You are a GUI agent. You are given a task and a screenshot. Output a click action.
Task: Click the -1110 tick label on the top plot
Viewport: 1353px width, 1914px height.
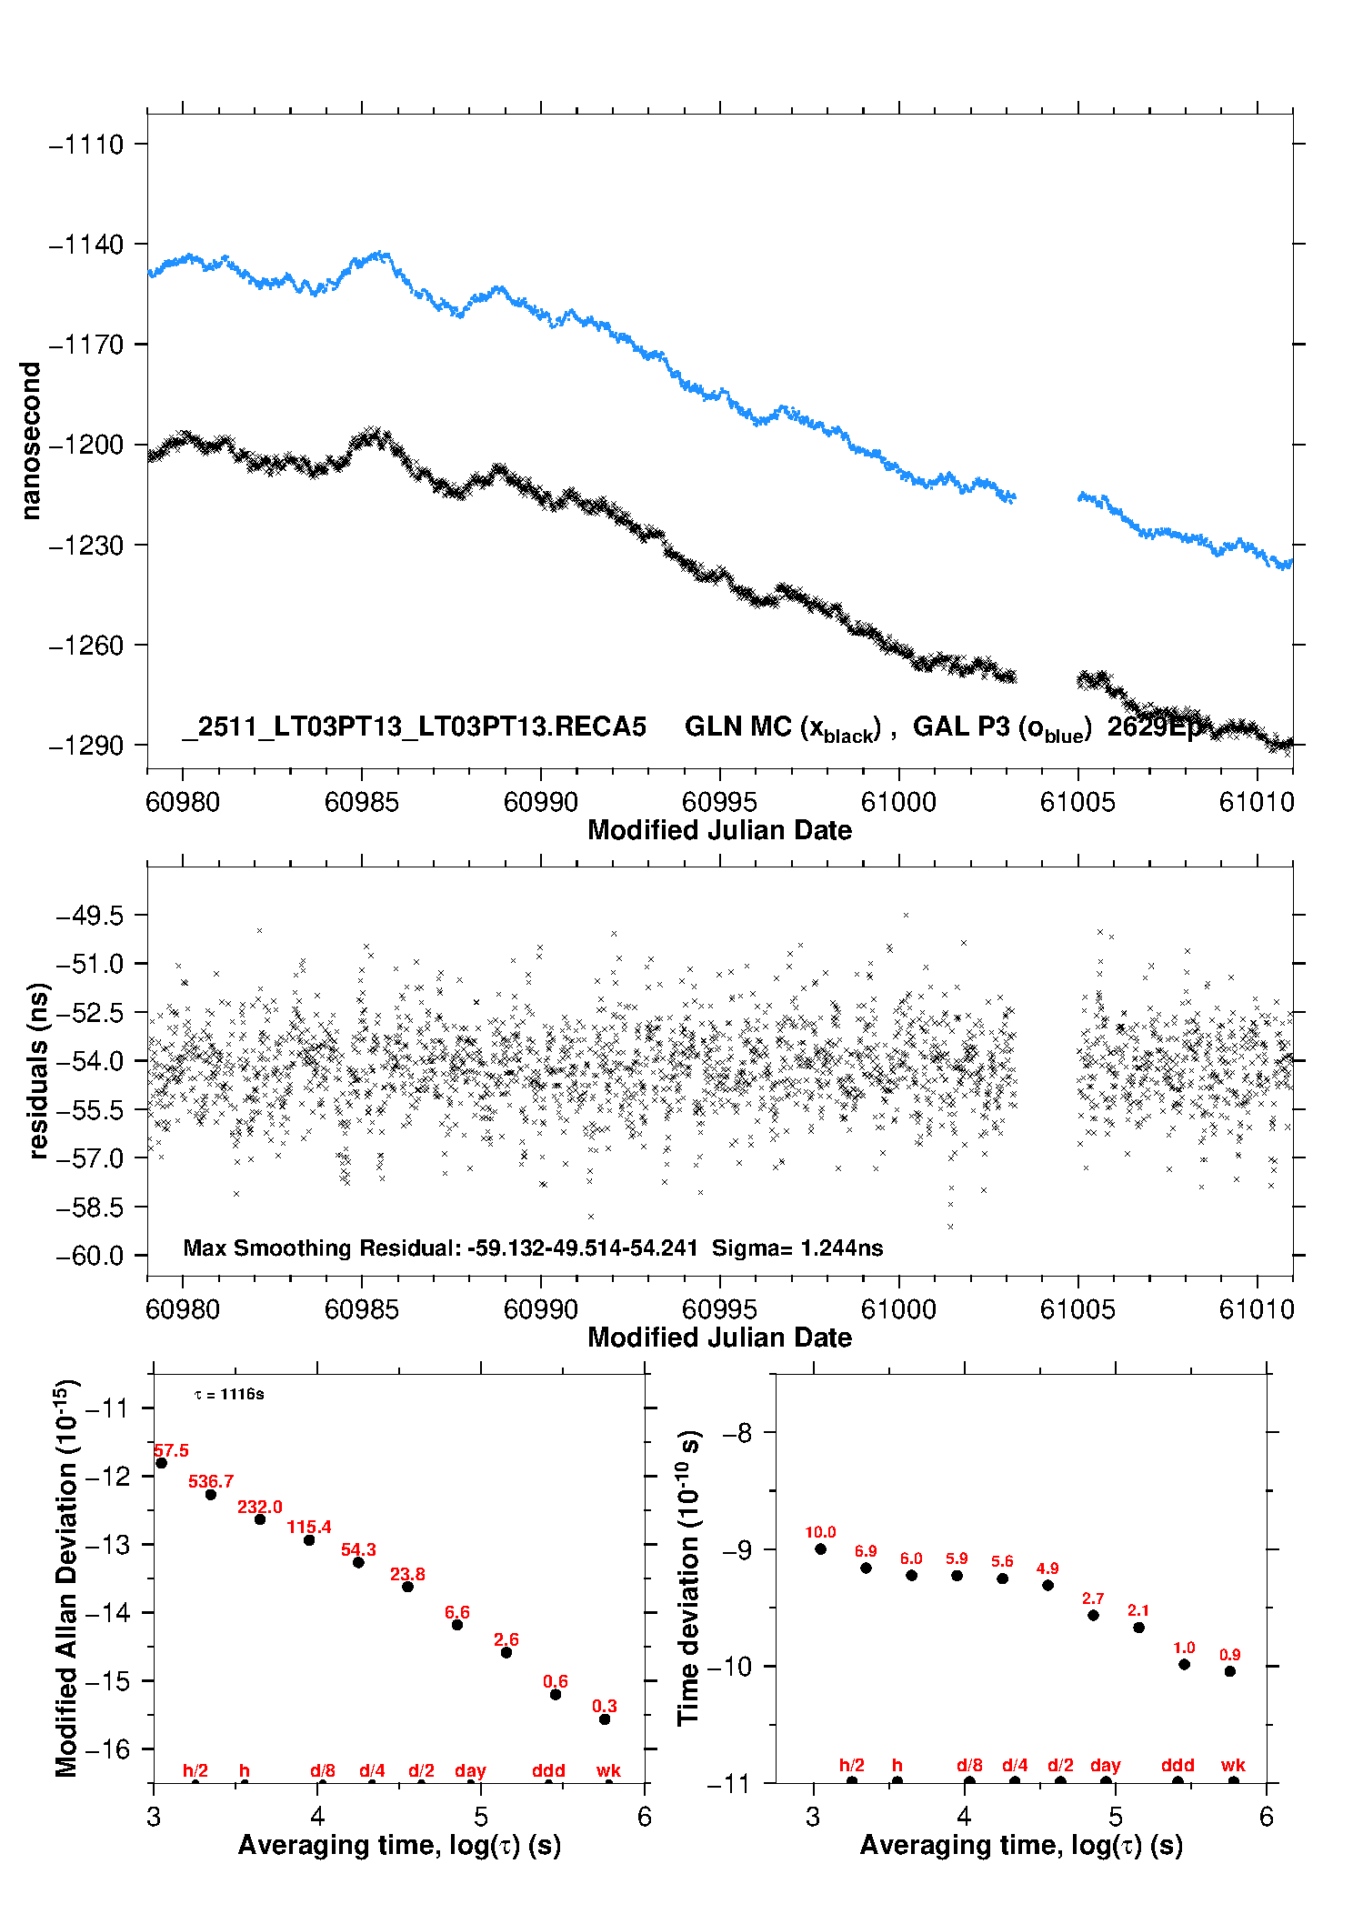pyautogui.click(x=86, y=145)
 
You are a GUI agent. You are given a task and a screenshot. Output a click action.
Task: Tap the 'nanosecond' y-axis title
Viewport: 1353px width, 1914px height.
pyautogui.click(x=31, y=441)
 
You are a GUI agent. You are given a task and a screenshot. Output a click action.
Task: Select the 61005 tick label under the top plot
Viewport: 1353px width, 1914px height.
pyautogui.click(x=1077, y=802)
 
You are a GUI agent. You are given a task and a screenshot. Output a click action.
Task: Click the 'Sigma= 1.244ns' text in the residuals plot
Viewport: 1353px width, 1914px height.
pyautogui.click(x=797, y=1248)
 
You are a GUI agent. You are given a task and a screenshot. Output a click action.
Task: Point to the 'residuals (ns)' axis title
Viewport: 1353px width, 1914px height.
pyautogui.click(x=38, y=1071)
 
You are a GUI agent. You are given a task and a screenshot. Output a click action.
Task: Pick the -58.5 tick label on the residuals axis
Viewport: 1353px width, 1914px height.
pyautogui.click(x=89, y=1208)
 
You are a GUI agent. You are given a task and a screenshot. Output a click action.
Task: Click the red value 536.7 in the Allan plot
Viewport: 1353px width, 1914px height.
pyautogui.click(x=211, y=1481)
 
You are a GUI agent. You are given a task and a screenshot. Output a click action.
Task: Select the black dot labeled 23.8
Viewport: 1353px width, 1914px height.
pyautogui.click(x=408, y=1587)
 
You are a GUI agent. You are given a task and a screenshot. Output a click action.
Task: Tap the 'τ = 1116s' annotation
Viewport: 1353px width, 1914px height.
pyautogui.click(x=229, y=1395)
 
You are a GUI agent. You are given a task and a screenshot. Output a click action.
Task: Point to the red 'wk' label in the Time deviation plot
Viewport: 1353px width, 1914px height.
pyautogui.click(x=1233, y=1765)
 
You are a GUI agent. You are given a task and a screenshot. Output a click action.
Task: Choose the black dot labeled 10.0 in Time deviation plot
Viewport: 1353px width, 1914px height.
pyautogui.click(x=821, y=1548)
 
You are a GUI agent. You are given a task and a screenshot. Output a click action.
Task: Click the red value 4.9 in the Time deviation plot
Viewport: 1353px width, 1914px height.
pyautogui.click(x=1047, y=1568)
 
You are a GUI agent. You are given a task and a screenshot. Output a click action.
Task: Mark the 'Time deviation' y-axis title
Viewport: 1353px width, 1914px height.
pyautogui.click(x=688, y=1578)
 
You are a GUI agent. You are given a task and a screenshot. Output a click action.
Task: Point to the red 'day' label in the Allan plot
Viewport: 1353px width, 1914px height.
pyautogui.click(x=470, y=1770)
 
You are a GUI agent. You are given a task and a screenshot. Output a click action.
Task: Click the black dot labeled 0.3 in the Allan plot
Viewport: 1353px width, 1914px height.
pyautogui.click(x=605, y=1719)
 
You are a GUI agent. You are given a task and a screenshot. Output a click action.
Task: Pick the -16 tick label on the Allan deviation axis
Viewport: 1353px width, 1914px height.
pyautogui.click(x=107, y=1749)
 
